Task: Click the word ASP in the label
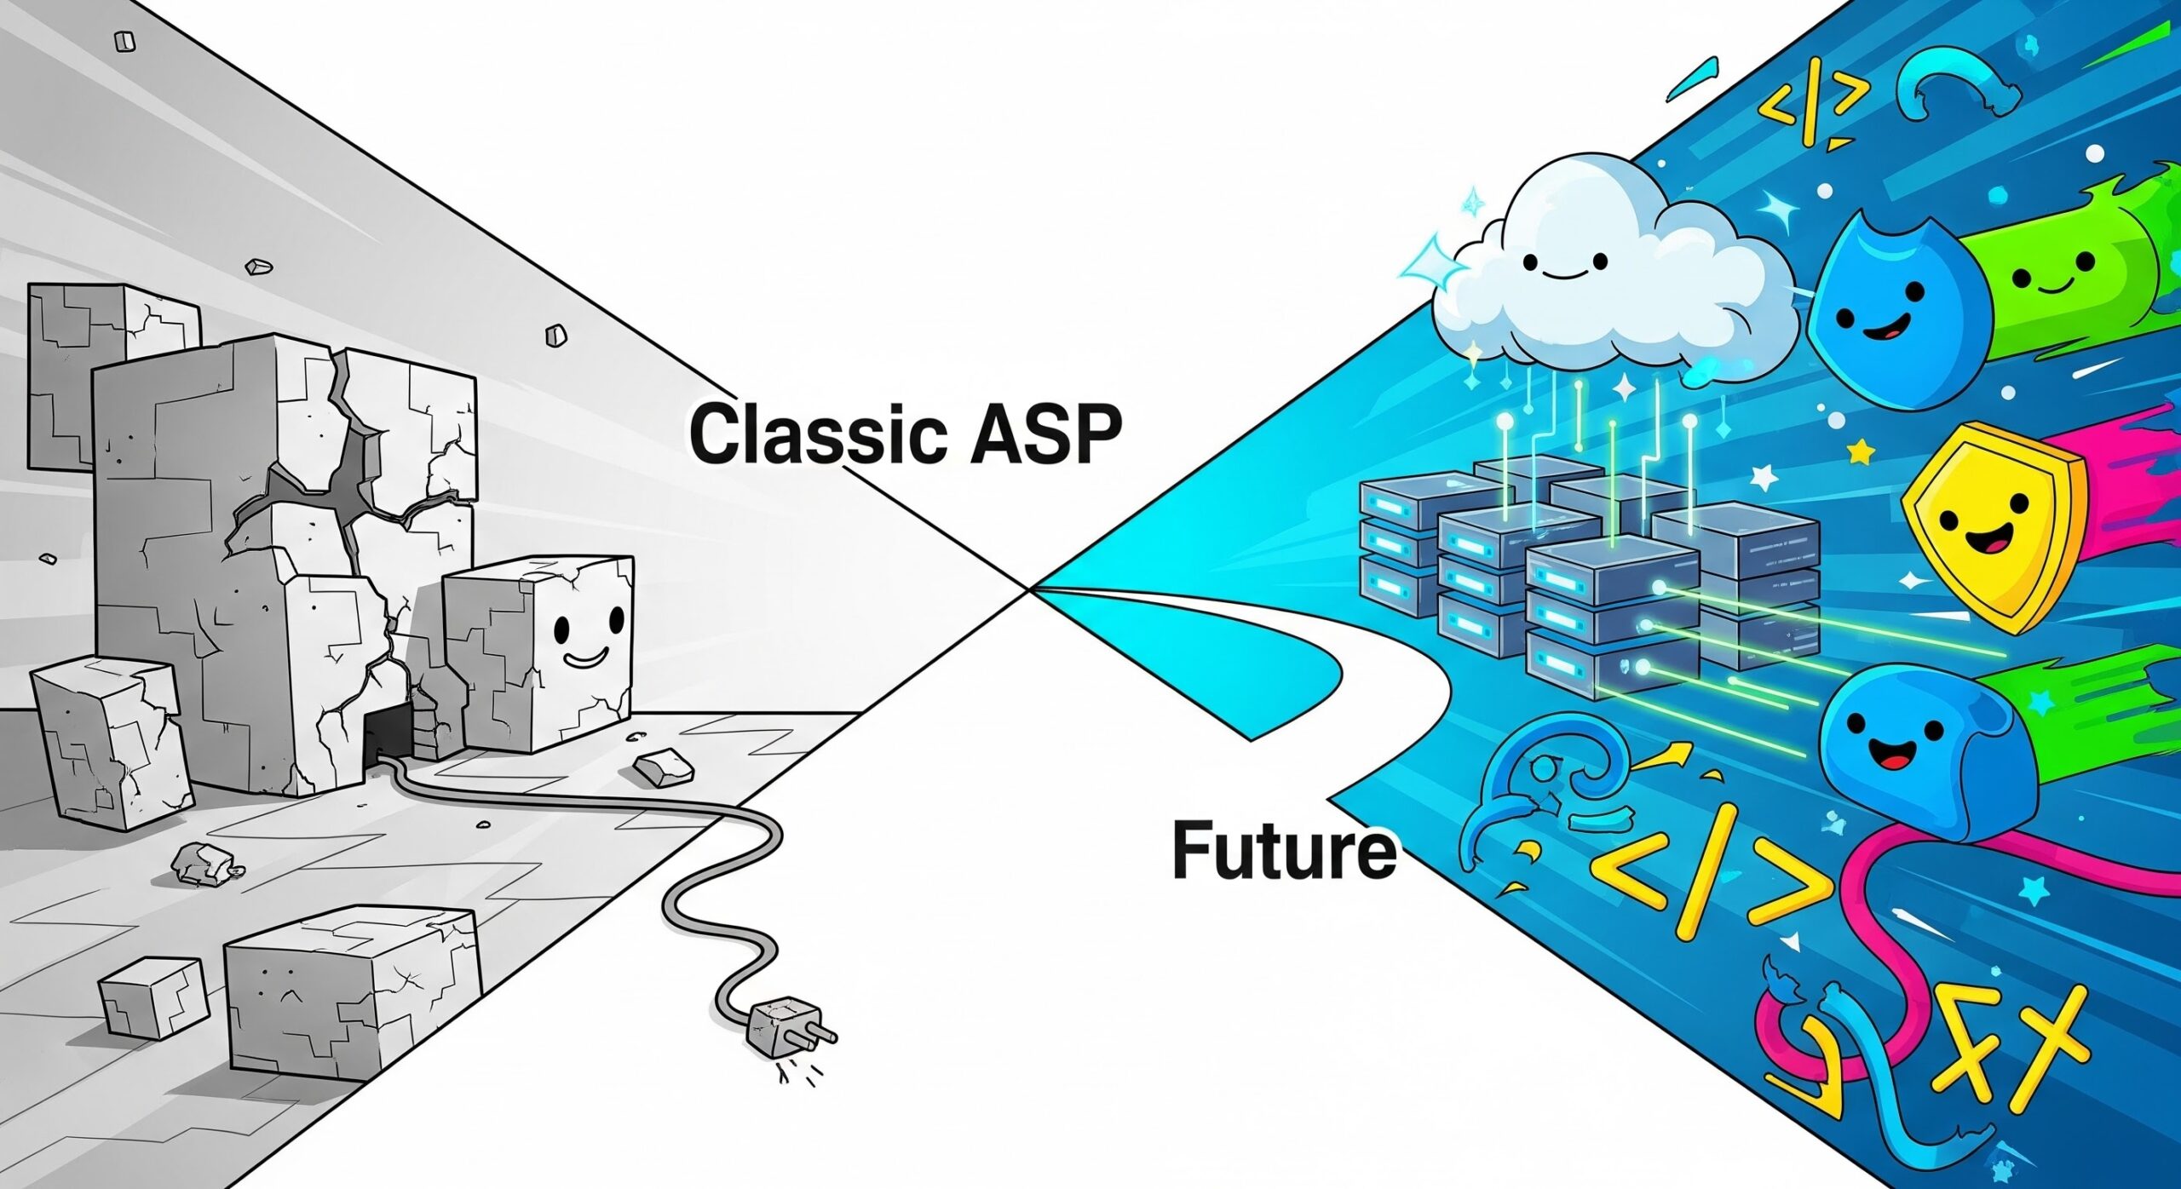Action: [x=1048, y=434]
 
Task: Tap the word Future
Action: [x=1284, y=849]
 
